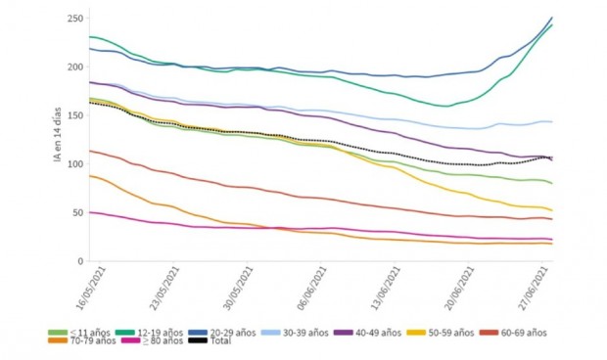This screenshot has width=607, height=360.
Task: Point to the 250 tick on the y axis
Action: (74, 19)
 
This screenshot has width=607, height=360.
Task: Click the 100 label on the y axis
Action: (74, 164)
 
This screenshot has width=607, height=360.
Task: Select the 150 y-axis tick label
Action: (74, 115)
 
